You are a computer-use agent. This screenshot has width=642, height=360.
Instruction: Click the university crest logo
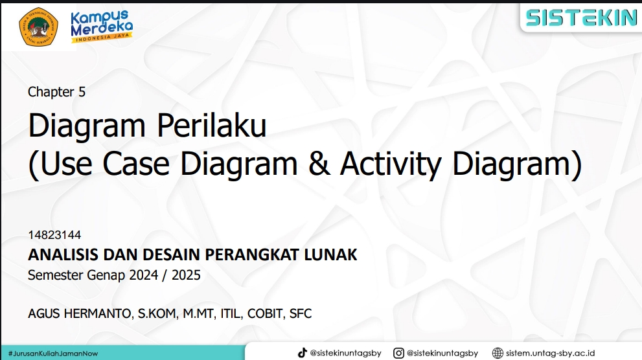click(38, 27)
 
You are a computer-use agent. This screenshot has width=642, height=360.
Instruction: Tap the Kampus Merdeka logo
click(102, 26)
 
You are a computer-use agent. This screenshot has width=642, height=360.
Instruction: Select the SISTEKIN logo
click(581, 18)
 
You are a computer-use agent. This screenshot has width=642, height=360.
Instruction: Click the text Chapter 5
click(56, 92)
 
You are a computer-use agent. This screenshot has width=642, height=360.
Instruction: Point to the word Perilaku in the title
click(212, 125)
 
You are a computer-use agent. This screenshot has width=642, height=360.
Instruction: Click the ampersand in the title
click(319, 163)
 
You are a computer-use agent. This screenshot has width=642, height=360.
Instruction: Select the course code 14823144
click(54, 235)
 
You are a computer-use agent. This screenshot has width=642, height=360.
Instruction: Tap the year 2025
click(186, 275)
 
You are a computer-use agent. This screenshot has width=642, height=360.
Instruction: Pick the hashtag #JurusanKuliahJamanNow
click(53, 354)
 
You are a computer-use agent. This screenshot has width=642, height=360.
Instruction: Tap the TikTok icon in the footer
click(302, 353)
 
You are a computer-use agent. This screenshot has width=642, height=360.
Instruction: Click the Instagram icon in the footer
click(398, 353)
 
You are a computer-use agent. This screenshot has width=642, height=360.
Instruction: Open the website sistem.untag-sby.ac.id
click(550, 353)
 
